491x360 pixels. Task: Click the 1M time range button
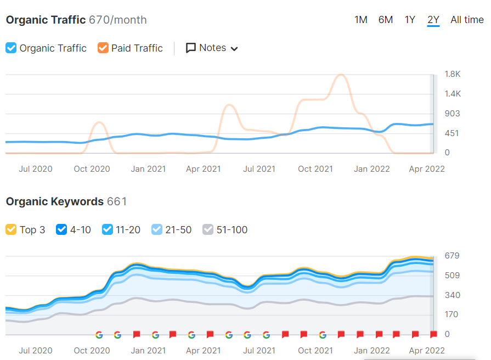click(x=360, y=20)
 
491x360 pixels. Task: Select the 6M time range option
click(x=385, y=20)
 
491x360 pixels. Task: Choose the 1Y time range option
click(x=410, y=20)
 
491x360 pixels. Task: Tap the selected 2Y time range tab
click(x=433, y=20)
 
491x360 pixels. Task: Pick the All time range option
click(x=467, y=20)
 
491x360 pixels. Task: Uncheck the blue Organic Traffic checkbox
click(x=11, y=48)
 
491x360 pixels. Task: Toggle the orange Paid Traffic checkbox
click(x=103, y=48)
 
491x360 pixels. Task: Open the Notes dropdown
click(x=212, y=48)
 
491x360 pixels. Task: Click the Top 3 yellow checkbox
click(x=11, y=229)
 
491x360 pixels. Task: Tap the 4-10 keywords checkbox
click(x=61, y=229)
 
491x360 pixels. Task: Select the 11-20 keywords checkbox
click(x=108, y=229)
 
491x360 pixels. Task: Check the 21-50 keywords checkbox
click(x=157, y=229)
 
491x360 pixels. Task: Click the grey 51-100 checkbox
click(x=208, y=229)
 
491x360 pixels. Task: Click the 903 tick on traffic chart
click(x=452, y=114)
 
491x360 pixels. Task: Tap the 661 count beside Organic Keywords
click(x=116, y=201)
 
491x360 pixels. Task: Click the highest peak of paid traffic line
click(x=341, y=75)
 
